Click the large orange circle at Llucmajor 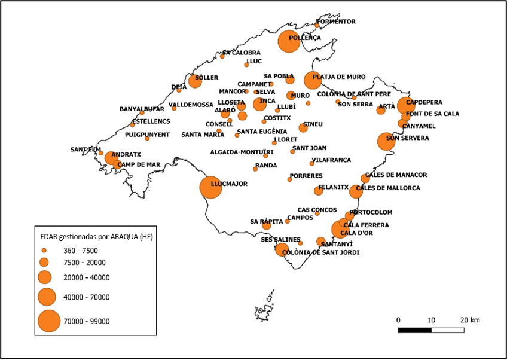(210, 187)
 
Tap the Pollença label (305, 38)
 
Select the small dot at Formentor (317, 25)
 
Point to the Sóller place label (207, 78)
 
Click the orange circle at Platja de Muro (313, 80)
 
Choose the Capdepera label (424, 103)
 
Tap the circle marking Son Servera (386, 142)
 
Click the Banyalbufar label (142, 109)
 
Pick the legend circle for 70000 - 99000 (49, 321)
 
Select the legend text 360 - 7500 (81, 251)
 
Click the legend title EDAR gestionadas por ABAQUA (92, 237)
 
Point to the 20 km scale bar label (471, 320)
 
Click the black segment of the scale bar (414, 330)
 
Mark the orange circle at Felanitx (318, 191)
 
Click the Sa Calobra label (242, 53)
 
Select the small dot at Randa (255, 169)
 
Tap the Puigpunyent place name (148, 135)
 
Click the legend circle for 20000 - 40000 (44, 277)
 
